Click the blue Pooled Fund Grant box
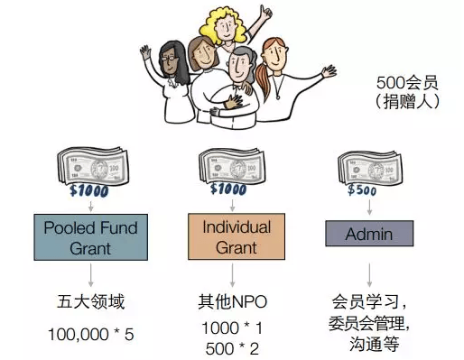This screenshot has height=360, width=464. pyautogui.click(x=90, y=237)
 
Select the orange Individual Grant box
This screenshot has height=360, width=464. pyautogui.click(x=237, y=236)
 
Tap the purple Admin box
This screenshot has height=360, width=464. pyautogui.click(x=369, y=234)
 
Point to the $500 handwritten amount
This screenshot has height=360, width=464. pyautogui.click(x=362, y=190)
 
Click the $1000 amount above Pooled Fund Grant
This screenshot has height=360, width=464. pyautogui.click(x=89, y=190)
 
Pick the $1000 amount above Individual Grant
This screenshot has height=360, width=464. pyautogui.click(x=228, y=189)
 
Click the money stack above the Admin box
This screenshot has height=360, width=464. pyautogui.click(x=370, y=168)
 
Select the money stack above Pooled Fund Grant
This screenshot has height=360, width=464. pyautogui.click(x=93, y=166)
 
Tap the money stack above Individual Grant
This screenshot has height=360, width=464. pyautogui.click(x=232, y=166)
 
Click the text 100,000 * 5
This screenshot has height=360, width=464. pyautogui.click(x=90, y=334)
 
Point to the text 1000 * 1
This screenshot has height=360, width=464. pyautogui.click(x=232, y=328)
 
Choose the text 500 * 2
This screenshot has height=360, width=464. pyautogui.click(x=232, y=348)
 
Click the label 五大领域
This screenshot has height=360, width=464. pyautogui.click(x=90, y=301)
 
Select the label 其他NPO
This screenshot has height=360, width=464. pyautogui.click(x=232, y=301)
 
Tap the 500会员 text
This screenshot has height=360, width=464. pyautogui.click(x=407, y=83)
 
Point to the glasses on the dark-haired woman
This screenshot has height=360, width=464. pyautogui.click(x=169, y=57)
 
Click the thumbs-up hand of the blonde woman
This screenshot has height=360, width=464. pyautogui.click(x=265, y=13)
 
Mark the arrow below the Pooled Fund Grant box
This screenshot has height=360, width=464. pyautogui.click(x=90, y=275)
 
